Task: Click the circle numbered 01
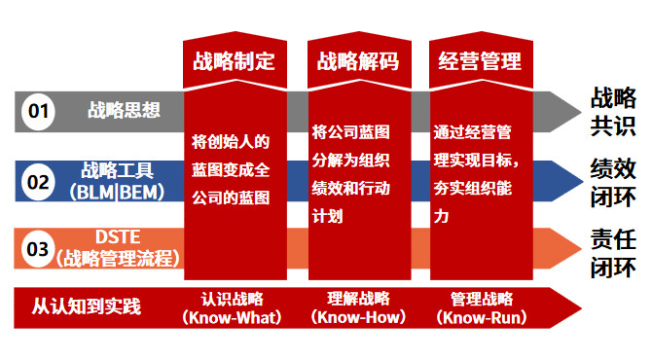(x=38, y=112)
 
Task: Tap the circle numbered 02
(x=38, y=182)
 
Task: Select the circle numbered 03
(x=38, y=249)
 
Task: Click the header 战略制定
(x=235, y=61)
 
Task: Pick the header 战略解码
(x=358, y=61)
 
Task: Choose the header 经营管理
(x=480, y=61)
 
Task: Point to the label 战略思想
(x=124, y=110)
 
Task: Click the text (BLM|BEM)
(x=117, y=193)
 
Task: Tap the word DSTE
(x=118, y=237)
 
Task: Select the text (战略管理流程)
(x=118, y=258)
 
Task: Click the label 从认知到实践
(x=87, y=306)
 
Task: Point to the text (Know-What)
(x=232, y=318)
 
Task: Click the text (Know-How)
(x=358, y=317)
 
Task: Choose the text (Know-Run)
(x=482, y=317)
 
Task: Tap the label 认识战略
(x=232, y=299)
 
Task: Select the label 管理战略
(x=482, y=299)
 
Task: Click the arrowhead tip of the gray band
(x=581, y=112)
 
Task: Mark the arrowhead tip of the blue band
(x=583, y=181)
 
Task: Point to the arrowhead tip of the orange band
(x=581, y=248)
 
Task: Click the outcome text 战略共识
(x=613, y=112)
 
